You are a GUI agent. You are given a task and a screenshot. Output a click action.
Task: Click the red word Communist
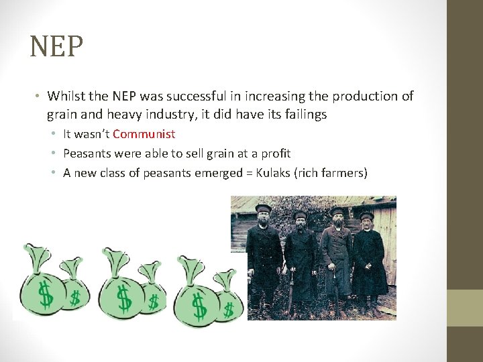pos(144,134)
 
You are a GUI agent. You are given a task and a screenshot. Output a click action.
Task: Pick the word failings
pos(303,114)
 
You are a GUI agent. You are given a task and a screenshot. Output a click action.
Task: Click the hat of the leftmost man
pos(262,209)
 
